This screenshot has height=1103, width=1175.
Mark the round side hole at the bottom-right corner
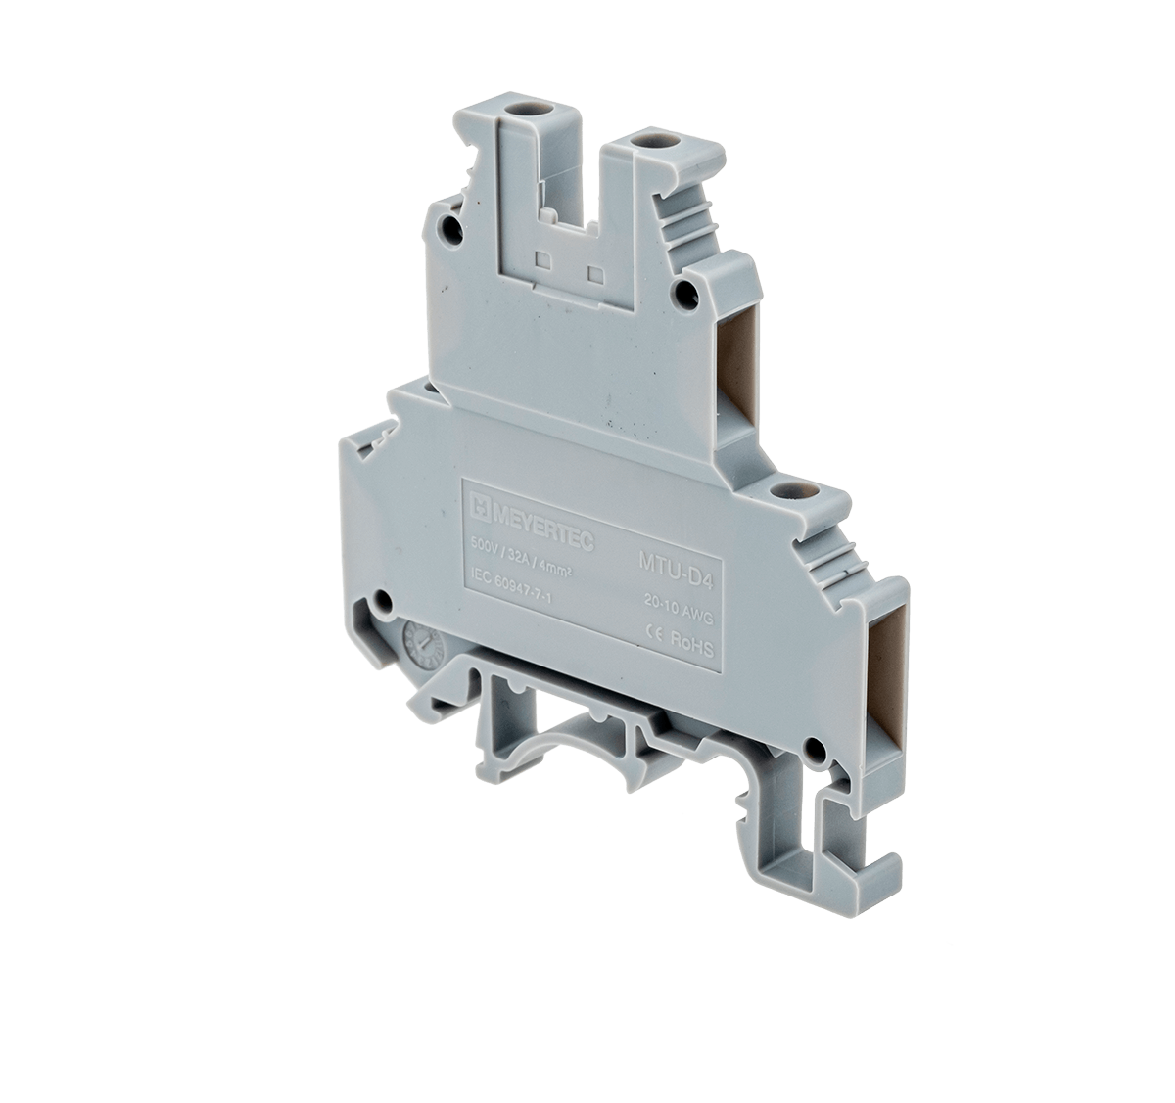[812, 752]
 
